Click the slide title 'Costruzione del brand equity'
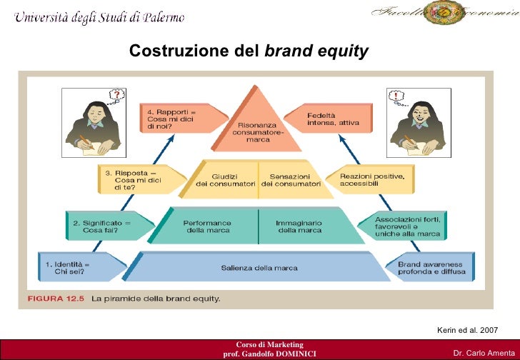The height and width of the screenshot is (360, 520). (x=249, y=51)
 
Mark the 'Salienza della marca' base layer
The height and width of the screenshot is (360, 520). (x=259, y=269)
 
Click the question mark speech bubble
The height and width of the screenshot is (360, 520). (x=115, y=95)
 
